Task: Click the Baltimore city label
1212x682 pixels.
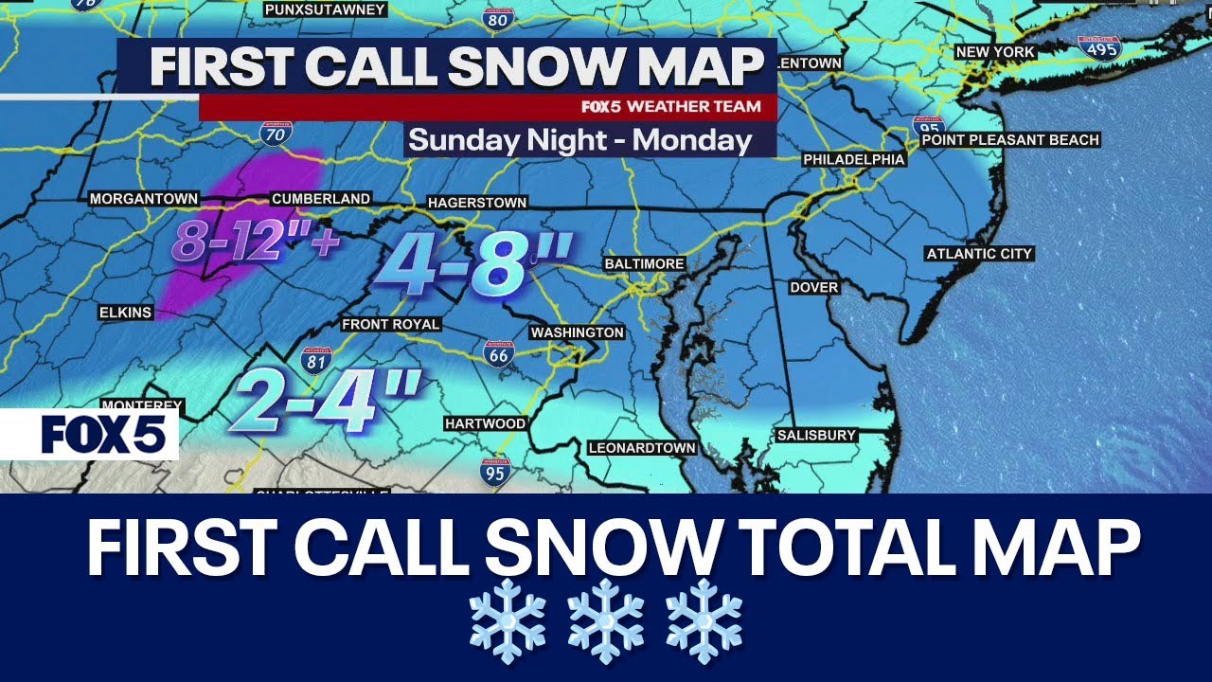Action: tap(645, 263)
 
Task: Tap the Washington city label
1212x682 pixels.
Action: tap(577, 332)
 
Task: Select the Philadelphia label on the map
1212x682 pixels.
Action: tap(854, 160)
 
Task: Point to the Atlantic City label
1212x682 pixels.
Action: tap(979, 254)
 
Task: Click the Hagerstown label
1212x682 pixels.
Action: tap(477, 203)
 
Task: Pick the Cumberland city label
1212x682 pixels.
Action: tap(321, 199)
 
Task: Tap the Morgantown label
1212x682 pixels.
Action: tap(144, 199)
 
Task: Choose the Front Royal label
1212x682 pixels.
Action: tap(391, 325)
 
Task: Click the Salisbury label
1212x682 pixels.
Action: tap(816, 436)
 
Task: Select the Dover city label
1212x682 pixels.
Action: tap(814, 287)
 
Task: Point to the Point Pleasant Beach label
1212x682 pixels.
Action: tap(1010, 140)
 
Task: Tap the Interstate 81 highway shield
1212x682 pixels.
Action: tap(316, 360)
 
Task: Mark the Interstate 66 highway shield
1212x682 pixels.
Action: tap(499, 353)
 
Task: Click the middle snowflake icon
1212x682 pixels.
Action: tap(606, 621)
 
